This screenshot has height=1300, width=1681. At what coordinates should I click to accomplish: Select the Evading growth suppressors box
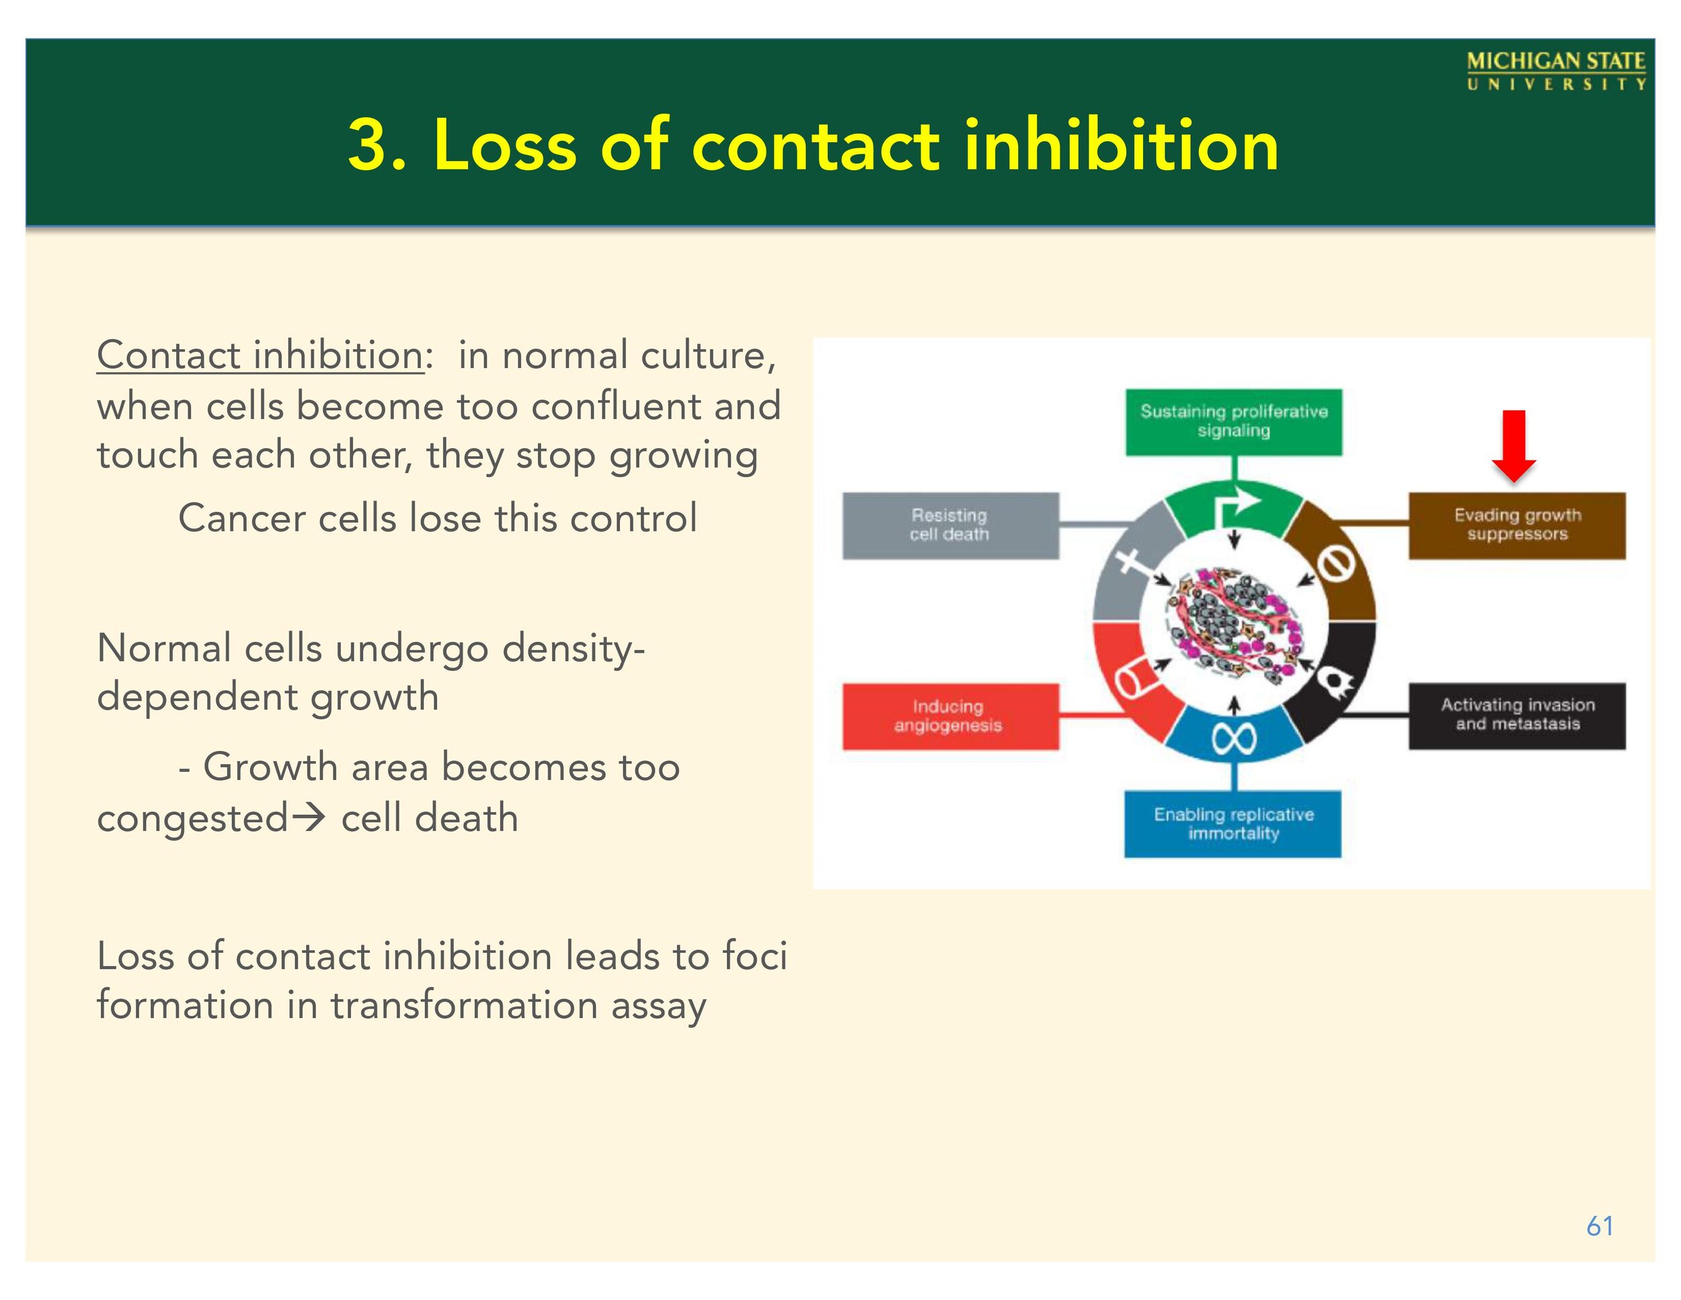click(1516, 526)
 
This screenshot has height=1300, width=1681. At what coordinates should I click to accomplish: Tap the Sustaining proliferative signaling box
click(1233, 421)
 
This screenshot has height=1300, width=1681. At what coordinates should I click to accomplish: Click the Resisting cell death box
click(950, 526)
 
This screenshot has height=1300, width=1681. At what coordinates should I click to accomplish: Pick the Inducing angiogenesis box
click(950, 715)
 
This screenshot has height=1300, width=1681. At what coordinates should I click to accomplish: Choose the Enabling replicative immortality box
click(1233, 824)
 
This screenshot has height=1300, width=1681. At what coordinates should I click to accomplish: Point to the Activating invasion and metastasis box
click(1516, 715)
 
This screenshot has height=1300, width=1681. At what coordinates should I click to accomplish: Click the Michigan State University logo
click(1555, 71)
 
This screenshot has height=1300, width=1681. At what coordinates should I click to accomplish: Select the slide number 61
click(1600, 1225)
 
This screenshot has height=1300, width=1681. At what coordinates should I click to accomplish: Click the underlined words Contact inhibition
click(260, 356)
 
